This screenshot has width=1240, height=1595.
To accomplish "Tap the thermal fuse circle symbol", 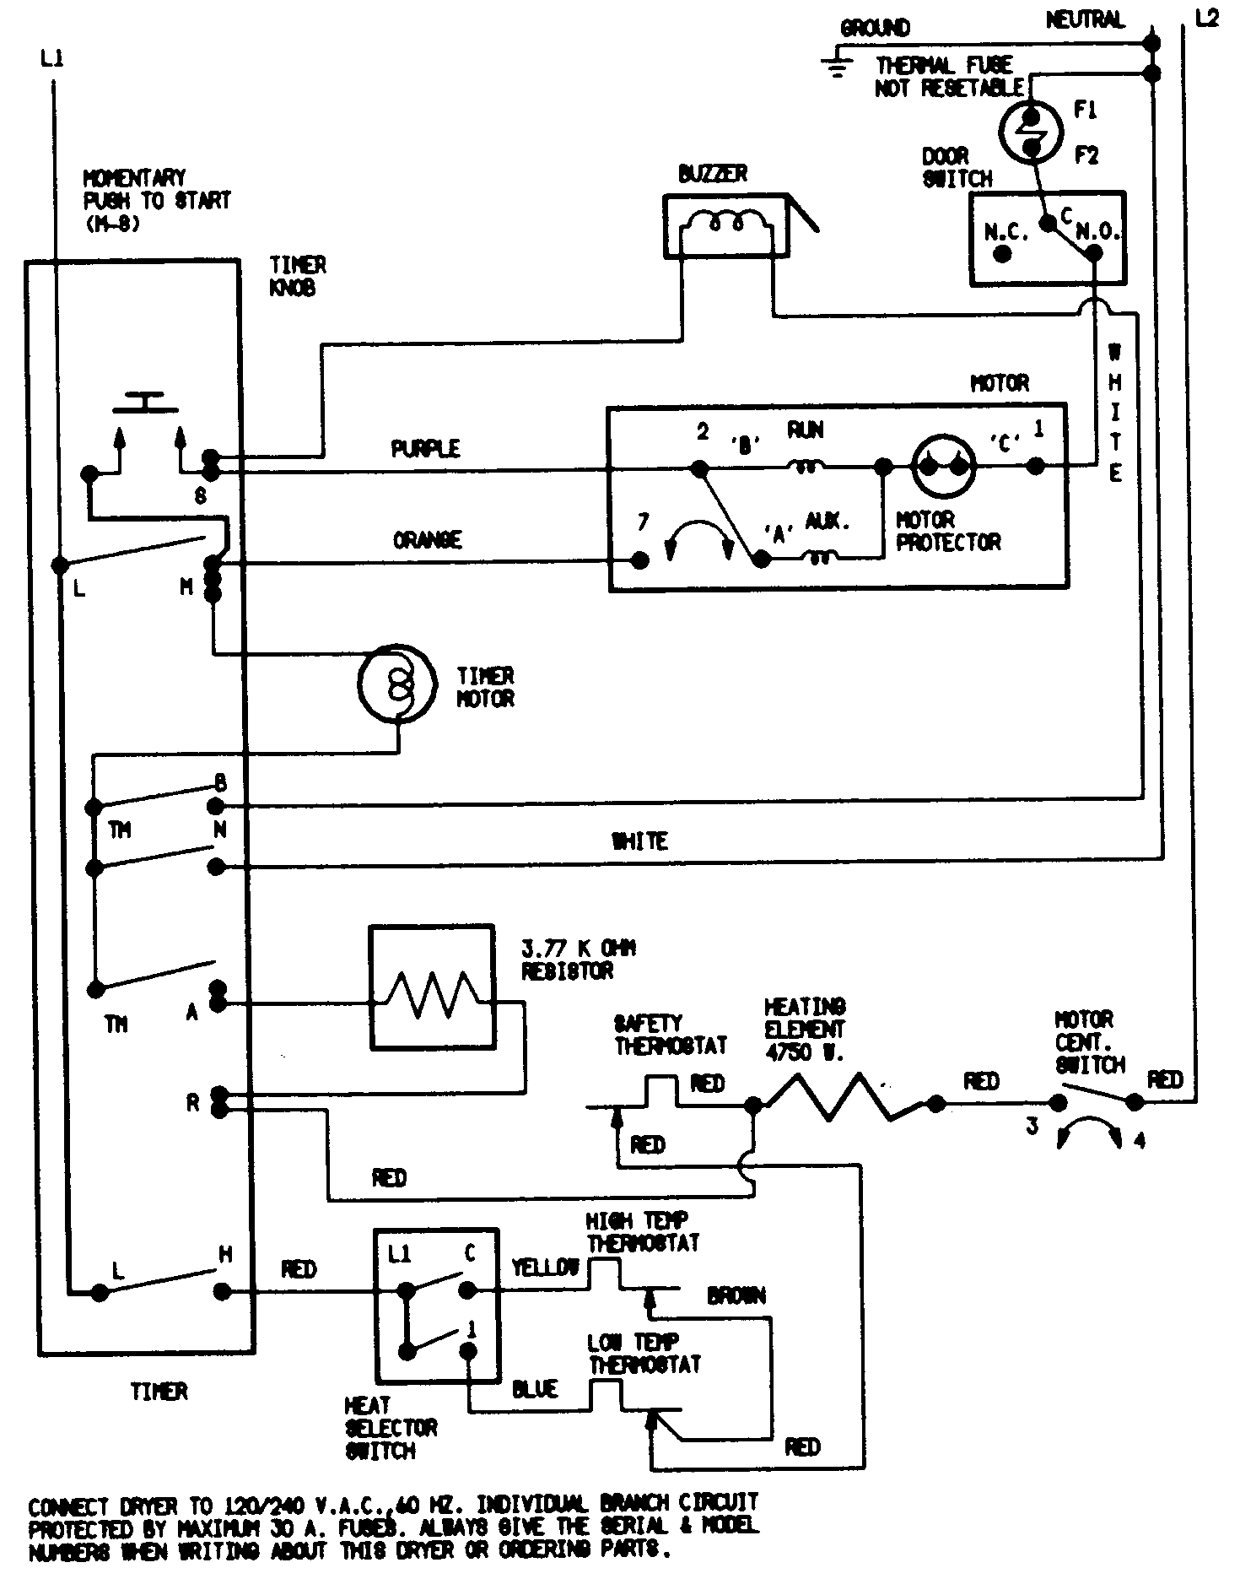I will [x=1031, y=131].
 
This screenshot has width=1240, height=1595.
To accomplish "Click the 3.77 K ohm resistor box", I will [x=431, y=987].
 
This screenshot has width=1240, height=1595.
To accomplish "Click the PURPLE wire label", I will [x=425, y=448].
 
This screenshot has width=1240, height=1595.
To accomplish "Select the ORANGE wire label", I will [x=427, y=539].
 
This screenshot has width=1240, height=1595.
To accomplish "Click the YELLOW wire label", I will [x=545, y=1267].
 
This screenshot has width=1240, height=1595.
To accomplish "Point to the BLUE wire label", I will [x=535, y=1388].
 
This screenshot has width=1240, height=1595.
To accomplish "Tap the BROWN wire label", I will [x=736, y=1295].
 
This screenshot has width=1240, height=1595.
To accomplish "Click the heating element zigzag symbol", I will [x=844, y=1097].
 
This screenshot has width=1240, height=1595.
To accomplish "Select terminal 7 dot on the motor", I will [x=640, y=560].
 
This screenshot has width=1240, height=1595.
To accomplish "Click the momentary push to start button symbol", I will [x=145, y=402].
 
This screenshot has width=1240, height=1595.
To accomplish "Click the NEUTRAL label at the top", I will [x=1085, y=19].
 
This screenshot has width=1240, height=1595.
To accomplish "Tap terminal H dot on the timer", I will [x=221, y=1291].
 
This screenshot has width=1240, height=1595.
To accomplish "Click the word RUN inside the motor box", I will [x=805, y=430].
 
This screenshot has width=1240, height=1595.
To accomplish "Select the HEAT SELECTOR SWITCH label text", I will [x=391, y=1428].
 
